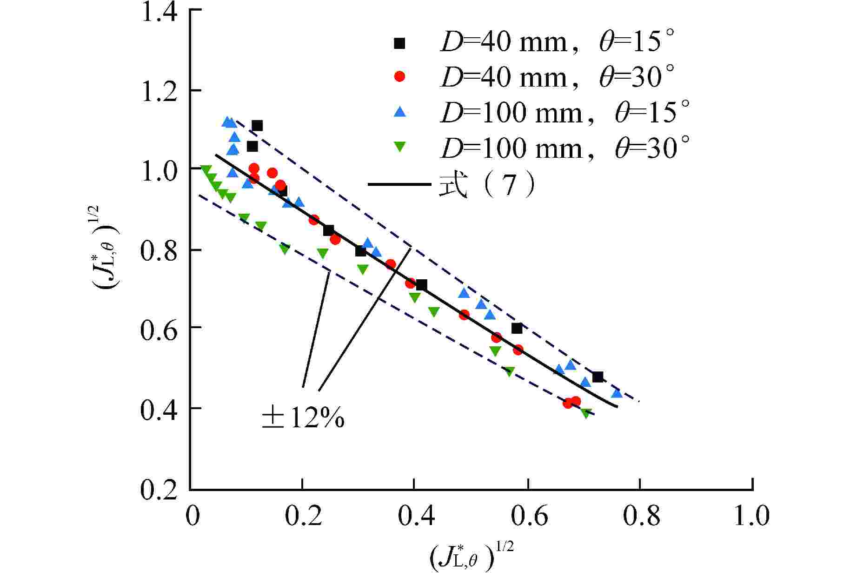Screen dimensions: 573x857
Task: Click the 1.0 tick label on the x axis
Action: tap(751, 516)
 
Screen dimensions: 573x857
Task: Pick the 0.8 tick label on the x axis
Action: tap(641, 516)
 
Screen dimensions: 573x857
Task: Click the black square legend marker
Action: tap(399, 43)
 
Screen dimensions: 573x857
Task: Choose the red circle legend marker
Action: tap(399, 77)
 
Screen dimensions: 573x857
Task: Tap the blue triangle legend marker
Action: tap(399, 112)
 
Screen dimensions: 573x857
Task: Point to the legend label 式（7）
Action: tap(486, 185)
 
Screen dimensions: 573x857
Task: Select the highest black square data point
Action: tap(257, 126)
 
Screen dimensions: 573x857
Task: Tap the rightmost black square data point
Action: tap(598, 377)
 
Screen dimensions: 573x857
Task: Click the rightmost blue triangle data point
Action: tap(617, 393)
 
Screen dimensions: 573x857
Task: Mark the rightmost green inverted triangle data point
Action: tap(586, 413)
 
